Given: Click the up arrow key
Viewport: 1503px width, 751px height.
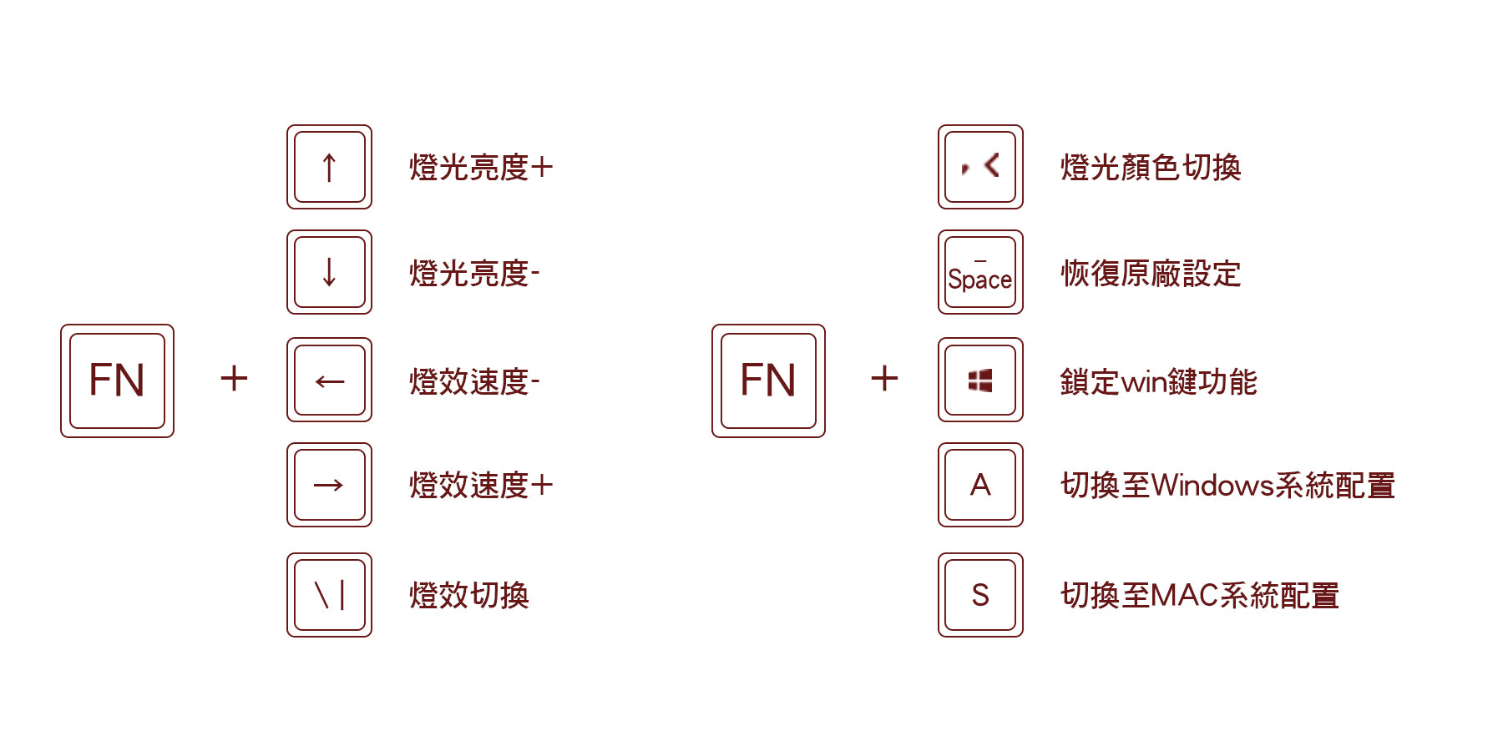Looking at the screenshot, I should pos(329,167).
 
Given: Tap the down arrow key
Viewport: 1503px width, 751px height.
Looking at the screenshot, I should pos(329,272).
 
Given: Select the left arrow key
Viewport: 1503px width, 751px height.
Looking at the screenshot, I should pos(329,380).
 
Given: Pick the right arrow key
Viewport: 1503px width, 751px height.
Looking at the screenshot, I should pos(329,485).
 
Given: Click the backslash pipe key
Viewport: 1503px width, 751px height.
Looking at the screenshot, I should pos(329,595).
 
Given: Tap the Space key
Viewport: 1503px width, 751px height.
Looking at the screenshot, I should pos(980,272).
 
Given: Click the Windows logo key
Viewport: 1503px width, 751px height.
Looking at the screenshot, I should pos(980,380).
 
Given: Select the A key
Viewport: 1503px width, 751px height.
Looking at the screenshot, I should pos(980,485).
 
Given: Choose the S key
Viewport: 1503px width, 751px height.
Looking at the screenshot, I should pos(980,595).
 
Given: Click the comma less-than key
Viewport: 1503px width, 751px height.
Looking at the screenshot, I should pos(980,167).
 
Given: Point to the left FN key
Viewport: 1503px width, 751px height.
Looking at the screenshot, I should pos(117,381).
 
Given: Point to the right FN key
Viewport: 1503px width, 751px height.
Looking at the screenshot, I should pos(768,381).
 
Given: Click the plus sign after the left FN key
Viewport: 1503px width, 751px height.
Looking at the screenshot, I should pos(234,378).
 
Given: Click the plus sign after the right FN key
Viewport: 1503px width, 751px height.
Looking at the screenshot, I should pos(884,378).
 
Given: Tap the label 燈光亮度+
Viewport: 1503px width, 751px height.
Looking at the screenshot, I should pos(481,168).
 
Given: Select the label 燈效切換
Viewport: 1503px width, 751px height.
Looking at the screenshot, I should pos(469,596).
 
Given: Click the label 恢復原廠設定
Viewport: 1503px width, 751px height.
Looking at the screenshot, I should pos(1151,274).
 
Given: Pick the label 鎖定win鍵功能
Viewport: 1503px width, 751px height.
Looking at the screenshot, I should pos(1158,382).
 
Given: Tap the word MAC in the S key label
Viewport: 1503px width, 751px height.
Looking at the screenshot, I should pos(1184,596).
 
